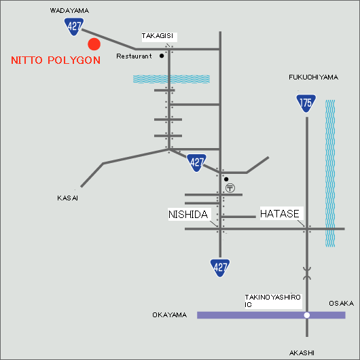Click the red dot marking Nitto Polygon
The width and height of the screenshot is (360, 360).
[x=94, y=44]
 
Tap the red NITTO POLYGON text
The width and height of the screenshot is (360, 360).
[x=56, y=60]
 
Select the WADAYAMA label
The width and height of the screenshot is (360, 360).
[x=69, y=11]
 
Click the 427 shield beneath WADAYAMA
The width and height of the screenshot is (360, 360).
[x=74, y=27]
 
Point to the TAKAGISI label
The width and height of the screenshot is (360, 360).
[x=158, y=36]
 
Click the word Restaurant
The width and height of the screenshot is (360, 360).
[x=134, y=56]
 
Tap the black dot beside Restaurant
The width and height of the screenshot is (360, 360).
[x=162, y=56]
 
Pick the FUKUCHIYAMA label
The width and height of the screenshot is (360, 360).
[x=313, y=77]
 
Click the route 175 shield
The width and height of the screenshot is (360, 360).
[x=306, y=103]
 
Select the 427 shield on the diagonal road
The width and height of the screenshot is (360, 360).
[x=196, y=163]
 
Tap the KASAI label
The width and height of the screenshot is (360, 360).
[x=67, y=198]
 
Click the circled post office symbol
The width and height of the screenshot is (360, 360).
[x=230, y=188]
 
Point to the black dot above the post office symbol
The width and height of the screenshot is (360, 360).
[x=226, y=179]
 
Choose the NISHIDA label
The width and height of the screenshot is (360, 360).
[x=188, y=215]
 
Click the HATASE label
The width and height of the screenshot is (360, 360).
[x=280, y=214]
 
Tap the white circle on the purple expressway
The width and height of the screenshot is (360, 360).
[x=307, y=315]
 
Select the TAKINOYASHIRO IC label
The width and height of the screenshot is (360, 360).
[x=272, y=301]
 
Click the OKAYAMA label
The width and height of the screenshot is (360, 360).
[x=169, y=314]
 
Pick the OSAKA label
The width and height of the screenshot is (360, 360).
[x=341, y=304]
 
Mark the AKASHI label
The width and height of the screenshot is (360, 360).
[x=302, y=353]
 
